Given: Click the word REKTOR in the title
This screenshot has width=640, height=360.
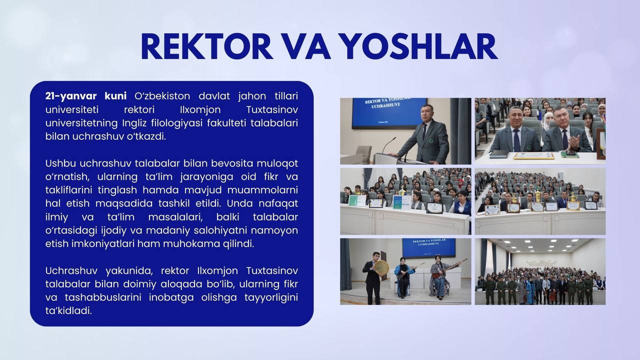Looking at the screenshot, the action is [207, 46].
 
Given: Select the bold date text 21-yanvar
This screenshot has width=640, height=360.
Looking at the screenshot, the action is [71, 96].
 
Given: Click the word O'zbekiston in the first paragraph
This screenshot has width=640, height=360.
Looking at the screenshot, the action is [162, 96].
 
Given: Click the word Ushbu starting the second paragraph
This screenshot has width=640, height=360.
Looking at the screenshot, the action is [60, 163].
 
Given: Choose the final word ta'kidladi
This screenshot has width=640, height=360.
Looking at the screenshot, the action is [68, 311].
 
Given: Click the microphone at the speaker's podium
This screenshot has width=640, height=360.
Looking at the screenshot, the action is [389, 144].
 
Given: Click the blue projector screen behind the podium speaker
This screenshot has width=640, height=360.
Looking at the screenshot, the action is [389, 113].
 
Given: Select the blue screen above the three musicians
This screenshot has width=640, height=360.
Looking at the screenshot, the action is [429, 248].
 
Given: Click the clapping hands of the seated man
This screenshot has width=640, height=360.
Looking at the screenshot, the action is [573, 141].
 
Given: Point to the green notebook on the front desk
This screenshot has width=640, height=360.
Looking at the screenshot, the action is [569, 154].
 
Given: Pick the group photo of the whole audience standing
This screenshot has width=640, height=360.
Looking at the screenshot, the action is [540, 271].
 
